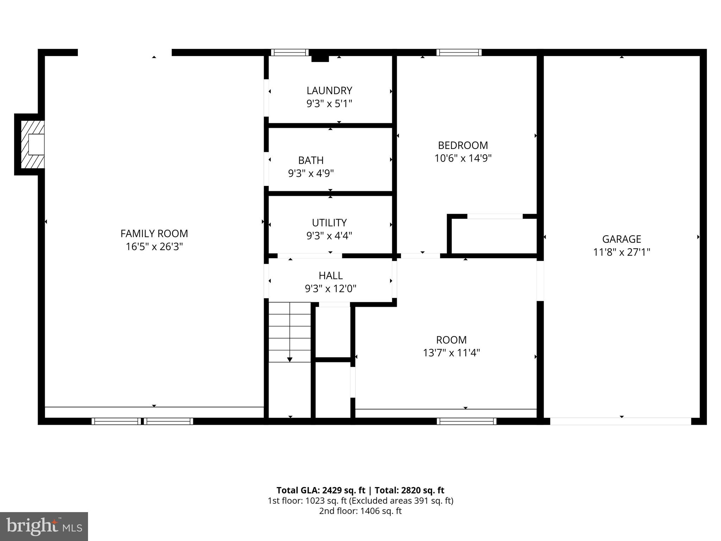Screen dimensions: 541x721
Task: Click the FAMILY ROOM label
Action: tap(154, 234)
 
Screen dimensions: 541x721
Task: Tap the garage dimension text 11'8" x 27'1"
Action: tap(621, 252)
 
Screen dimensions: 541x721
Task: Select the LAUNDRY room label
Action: tap(329, 91)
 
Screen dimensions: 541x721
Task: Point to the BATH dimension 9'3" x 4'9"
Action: tap(311, 173)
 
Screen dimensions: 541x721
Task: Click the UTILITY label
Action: tap(329, 223)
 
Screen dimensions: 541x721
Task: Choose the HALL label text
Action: tap(331, 275)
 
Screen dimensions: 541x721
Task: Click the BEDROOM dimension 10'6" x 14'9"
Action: tap(463, 158)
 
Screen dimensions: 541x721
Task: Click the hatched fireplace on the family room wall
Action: tap(32, 144)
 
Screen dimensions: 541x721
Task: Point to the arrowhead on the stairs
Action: tap(290, 359)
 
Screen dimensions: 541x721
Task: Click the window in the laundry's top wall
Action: tap(290, 52)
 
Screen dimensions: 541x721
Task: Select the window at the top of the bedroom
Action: tap(459, 52)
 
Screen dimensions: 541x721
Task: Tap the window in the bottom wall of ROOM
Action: tap(466, 421)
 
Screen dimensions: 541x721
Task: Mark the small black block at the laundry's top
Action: tap(320, 58)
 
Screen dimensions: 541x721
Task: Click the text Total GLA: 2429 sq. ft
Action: tap(321, 490)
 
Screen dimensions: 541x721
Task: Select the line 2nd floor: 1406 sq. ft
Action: tap(360, 511)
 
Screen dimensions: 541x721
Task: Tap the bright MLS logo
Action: tap(44, 526)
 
